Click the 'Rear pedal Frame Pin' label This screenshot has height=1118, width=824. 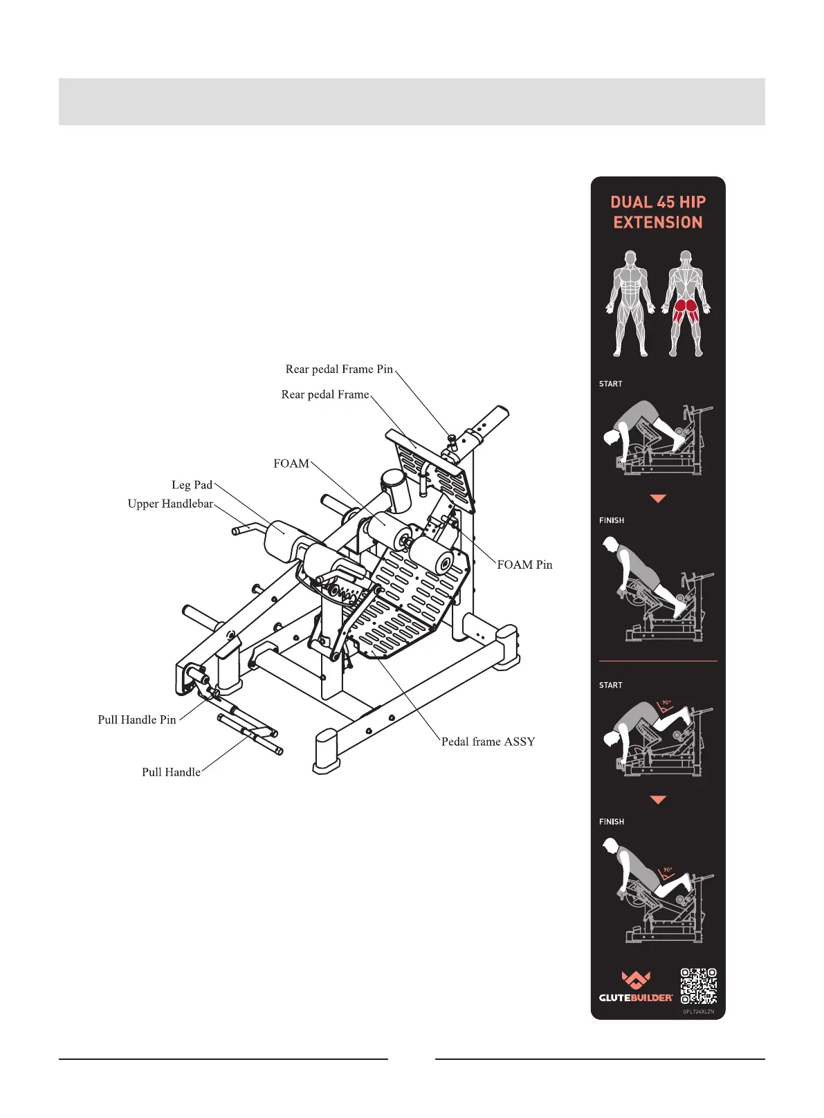339,369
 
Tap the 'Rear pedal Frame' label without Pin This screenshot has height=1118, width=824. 325,394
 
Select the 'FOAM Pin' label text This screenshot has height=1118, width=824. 524,565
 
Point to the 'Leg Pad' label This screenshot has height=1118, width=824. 192,485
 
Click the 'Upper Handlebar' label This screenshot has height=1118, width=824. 170,504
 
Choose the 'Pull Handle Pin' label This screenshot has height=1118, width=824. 137,720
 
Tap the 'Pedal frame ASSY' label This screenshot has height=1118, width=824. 488,742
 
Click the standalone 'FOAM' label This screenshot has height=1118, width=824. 291,464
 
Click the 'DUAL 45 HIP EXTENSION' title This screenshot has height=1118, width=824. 658,212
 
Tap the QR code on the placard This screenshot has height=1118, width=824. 698,986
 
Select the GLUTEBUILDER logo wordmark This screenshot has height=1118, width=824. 636,997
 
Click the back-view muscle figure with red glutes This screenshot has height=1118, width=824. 685,303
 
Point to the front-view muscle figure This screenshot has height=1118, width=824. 630,303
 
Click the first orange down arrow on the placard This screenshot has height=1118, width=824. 658,498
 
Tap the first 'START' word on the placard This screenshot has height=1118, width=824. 611,384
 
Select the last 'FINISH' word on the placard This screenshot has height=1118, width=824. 612,822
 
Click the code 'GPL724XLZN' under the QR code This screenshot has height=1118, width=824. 698,1011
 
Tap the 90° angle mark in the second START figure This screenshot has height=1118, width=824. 666,704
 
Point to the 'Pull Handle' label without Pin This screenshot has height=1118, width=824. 171,772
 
